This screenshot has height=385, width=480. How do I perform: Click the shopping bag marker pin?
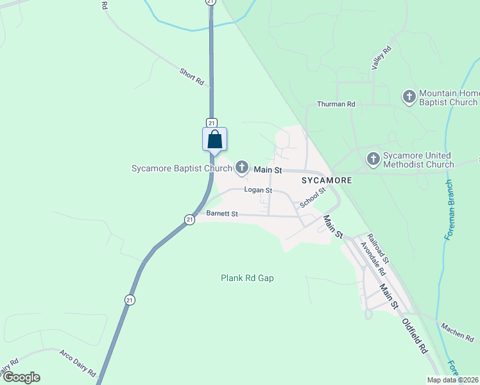coord(215,139)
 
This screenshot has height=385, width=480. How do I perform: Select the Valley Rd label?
coord(381,58)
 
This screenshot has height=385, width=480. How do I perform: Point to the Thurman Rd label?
coord(336,104)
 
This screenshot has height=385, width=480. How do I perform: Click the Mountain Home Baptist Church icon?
coord(409,97)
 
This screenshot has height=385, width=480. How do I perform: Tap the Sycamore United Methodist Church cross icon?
coord(373,158)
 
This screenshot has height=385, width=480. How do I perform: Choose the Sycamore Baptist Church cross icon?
coord(242,169)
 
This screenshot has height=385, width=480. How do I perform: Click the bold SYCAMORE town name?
coord(327,180)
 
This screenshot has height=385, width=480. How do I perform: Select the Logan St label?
coord(258,190)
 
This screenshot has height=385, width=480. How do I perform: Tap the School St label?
coord(313,197)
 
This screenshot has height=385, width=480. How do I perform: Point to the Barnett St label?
coord(222,213)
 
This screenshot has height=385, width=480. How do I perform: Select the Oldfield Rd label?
coord(415,336)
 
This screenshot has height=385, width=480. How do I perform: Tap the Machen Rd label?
coord(457,331)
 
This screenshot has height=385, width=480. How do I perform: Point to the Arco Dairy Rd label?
coord(78,363)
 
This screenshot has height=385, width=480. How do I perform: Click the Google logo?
coord(21,377)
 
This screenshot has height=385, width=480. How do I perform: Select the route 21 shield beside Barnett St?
coord(189,219)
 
